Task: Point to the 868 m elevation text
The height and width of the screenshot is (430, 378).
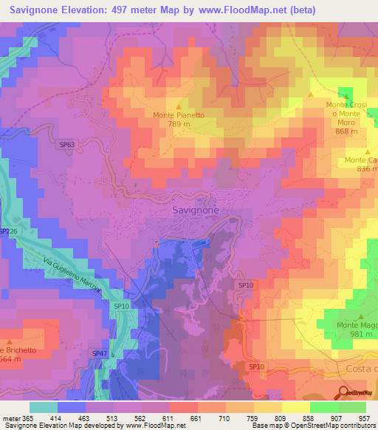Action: [346, 131]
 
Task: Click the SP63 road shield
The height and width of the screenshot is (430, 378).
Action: [66, 146]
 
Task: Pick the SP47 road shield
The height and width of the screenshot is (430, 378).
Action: [100, 355]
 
